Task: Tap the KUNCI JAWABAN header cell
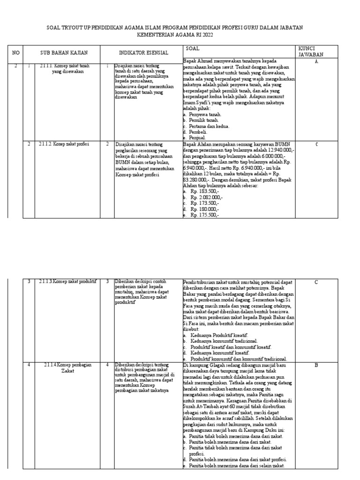point(316,52)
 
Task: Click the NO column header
point(16,52)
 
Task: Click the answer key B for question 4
point(316,365)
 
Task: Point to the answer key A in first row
point(316,62)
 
